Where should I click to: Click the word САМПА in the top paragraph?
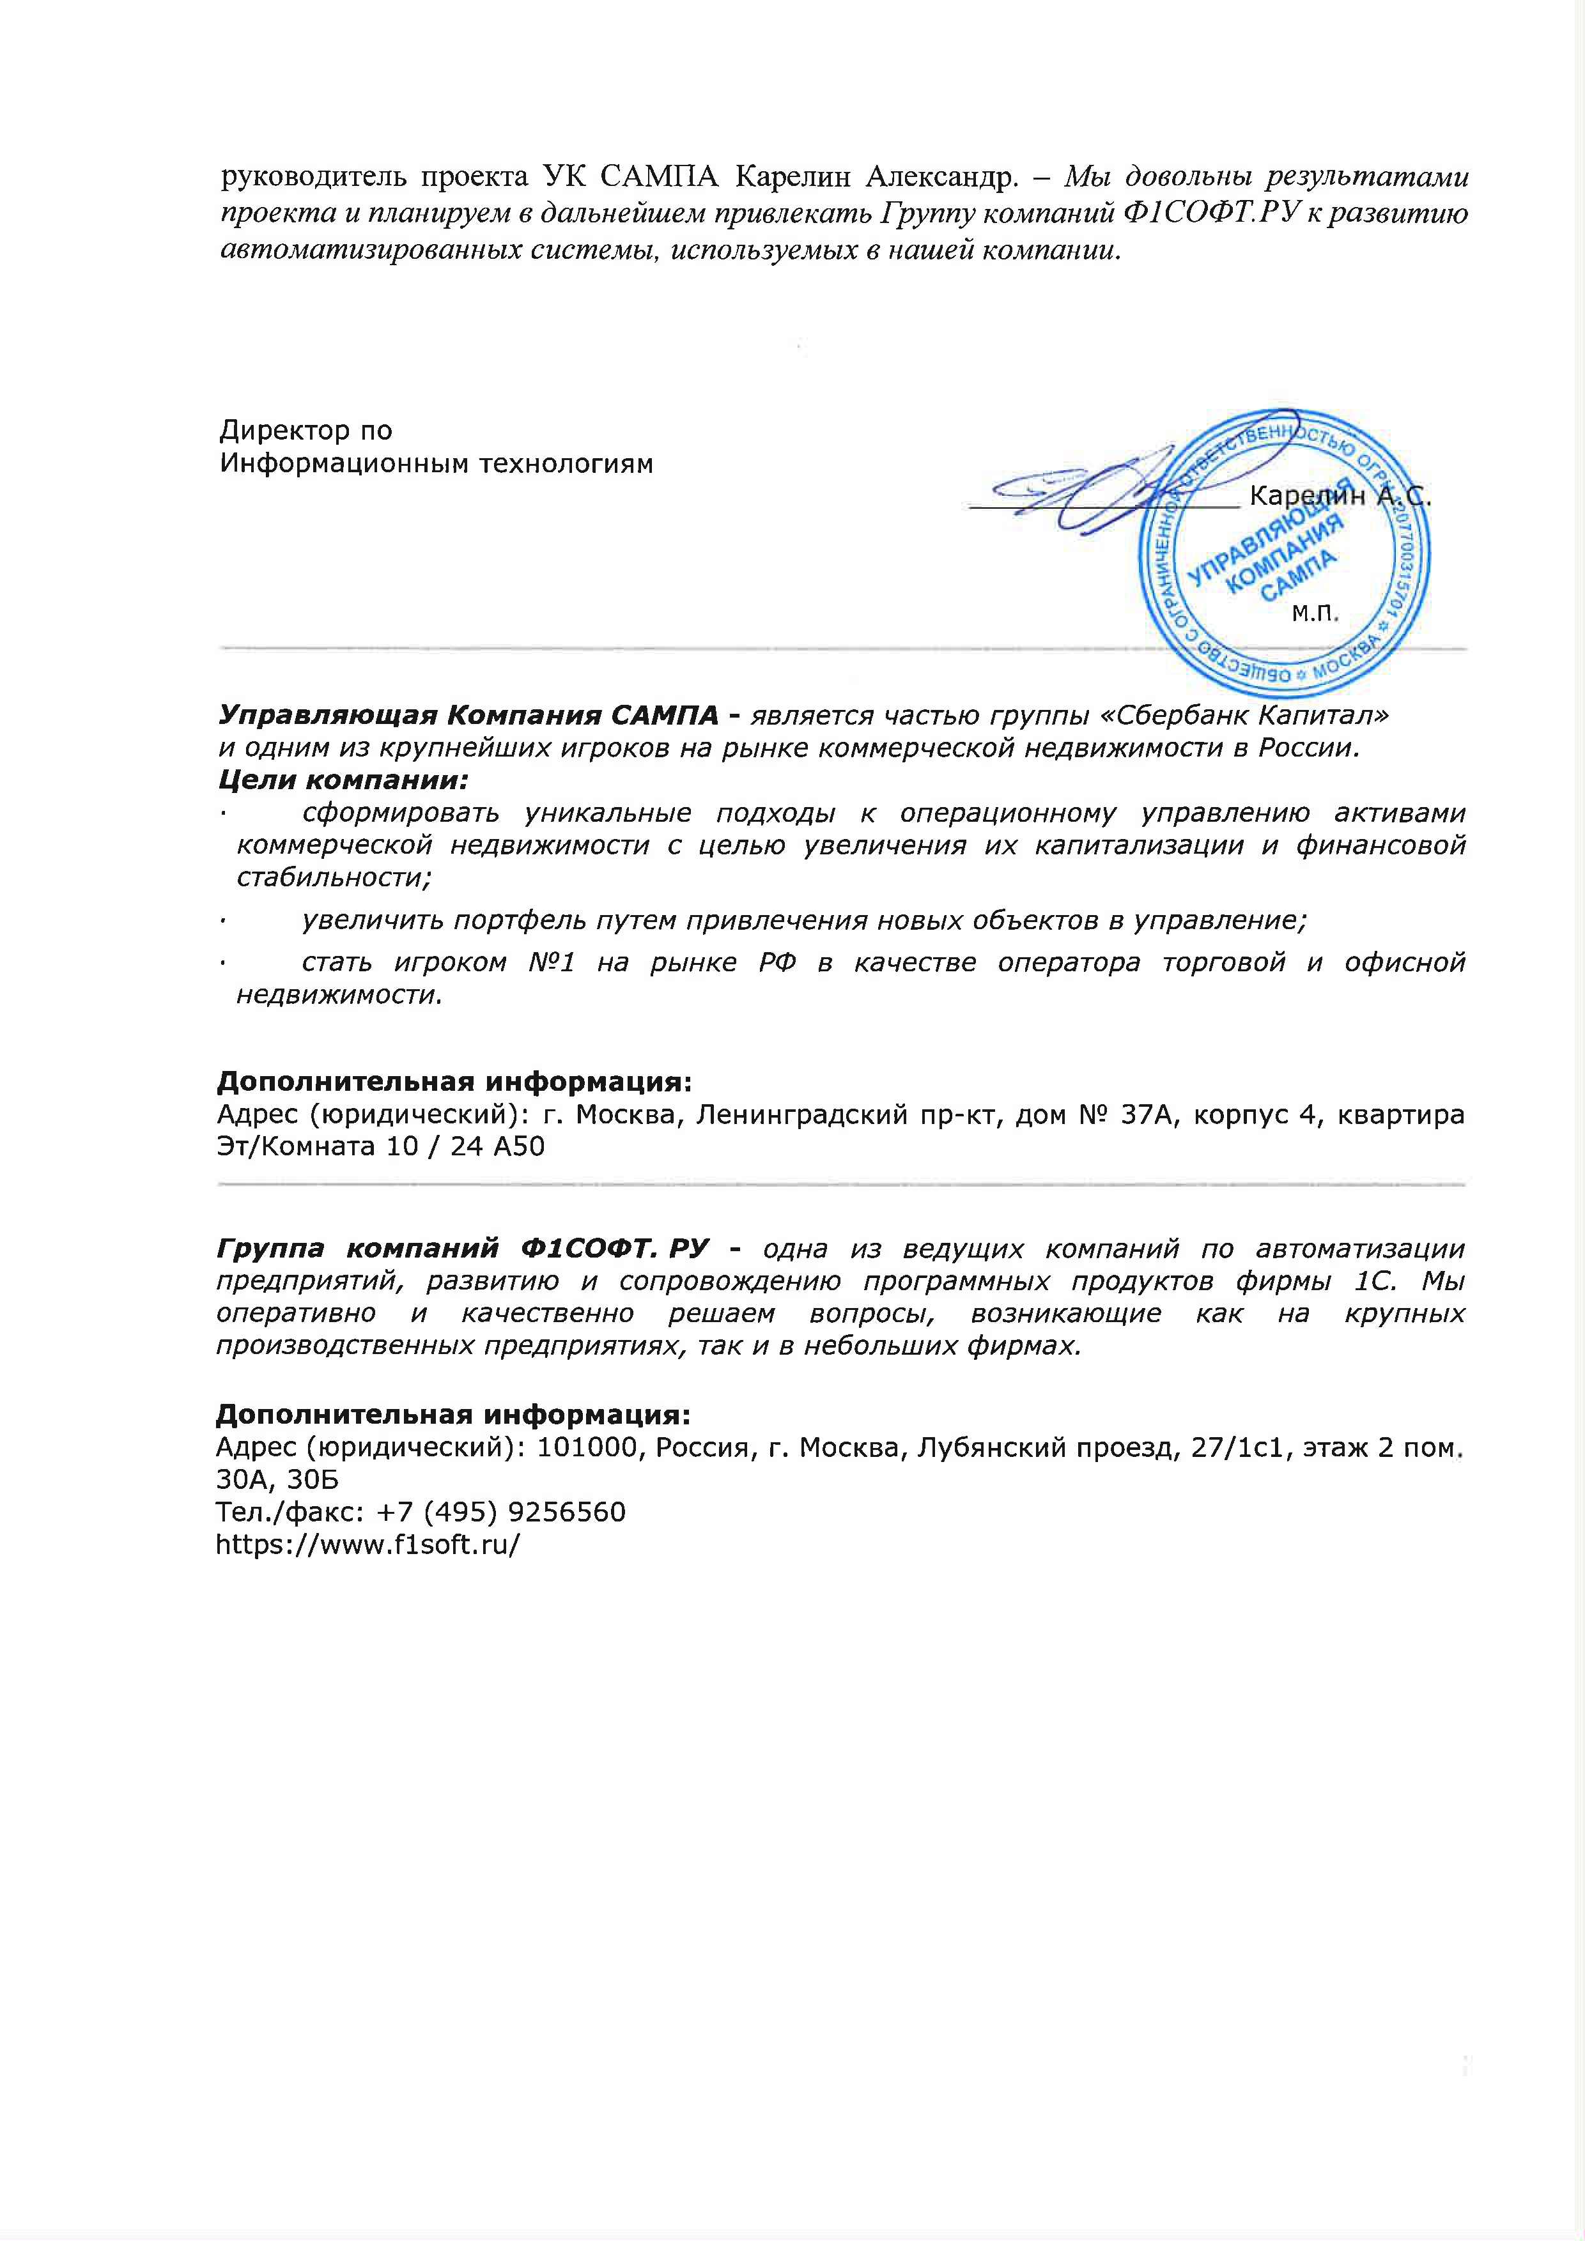659,176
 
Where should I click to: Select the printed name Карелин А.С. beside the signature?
1339,497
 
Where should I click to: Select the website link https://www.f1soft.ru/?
367,1544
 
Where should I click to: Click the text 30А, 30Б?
277,1480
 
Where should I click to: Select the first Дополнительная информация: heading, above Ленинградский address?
454,1081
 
